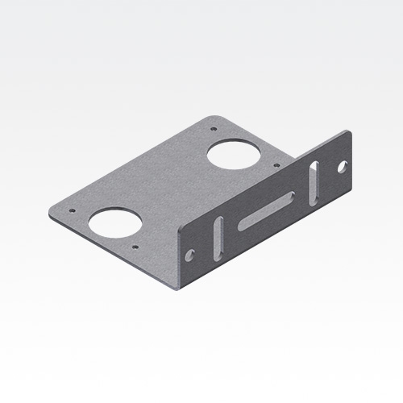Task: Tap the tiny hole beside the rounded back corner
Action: (x=213, y=128)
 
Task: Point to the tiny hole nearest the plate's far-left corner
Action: (x=73, y=209)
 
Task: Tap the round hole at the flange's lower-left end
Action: (x=190, y=255)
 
